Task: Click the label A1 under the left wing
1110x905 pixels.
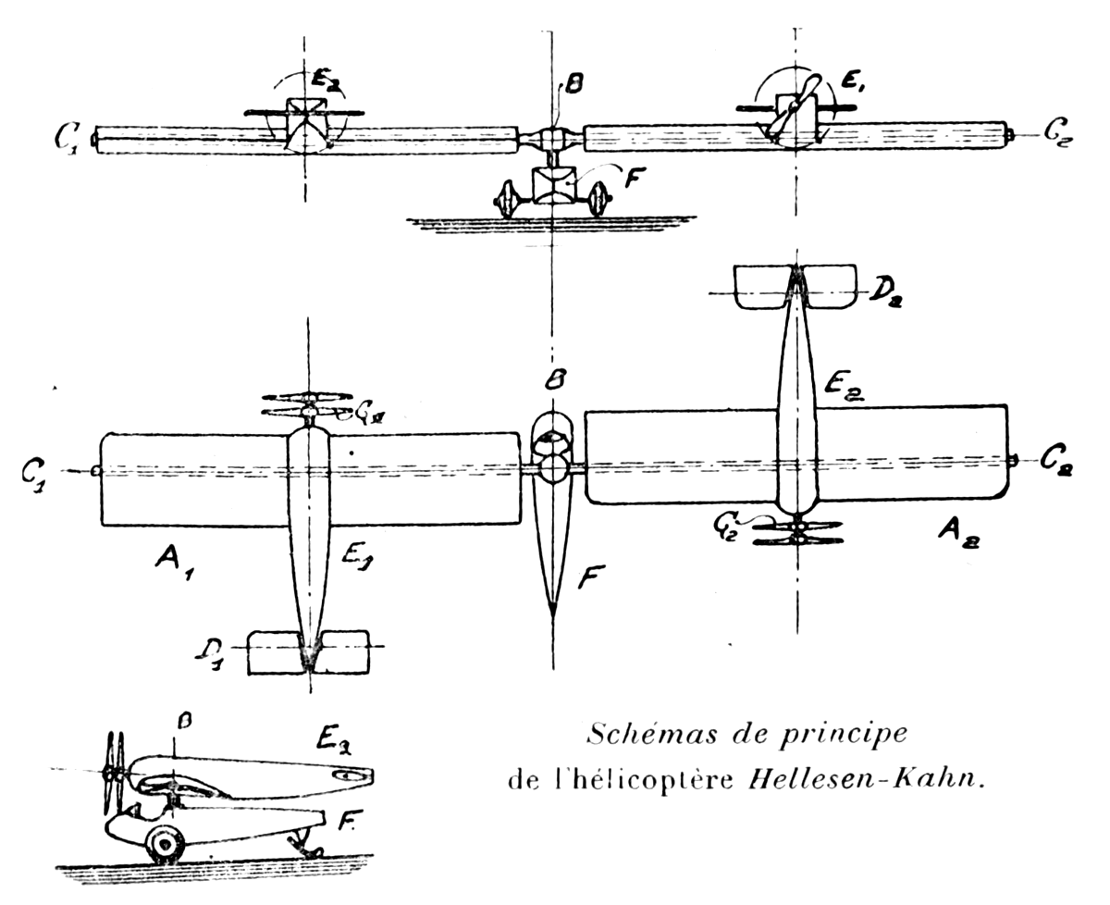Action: point(175,565)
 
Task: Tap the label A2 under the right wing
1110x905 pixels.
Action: point(957,534)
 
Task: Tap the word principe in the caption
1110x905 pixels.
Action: point(843,736)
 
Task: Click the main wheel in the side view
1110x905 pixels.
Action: point(166,845)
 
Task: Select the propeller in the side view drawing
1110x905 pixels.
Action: point(115,775)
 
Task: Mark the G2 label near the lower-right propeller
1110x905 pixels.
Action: point(725,528)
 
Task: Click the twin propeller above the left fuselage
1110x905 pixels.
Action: point(309,404)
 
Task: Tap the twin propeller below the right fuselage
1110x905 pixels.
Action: point(798,534)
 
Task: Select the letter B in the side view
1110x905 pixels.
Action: point(184,721)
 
